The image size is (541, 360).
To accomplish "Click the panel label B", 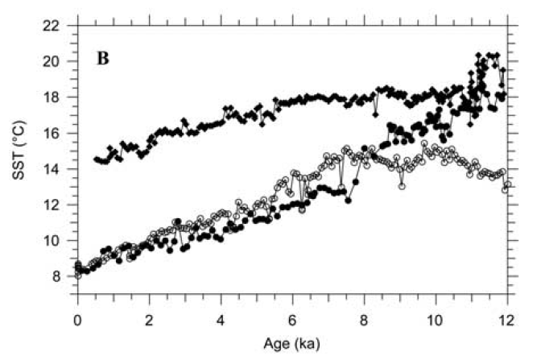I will tap(104, 60).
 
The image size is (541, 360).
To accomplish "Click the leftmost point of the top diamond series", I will tap(96, 159).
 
